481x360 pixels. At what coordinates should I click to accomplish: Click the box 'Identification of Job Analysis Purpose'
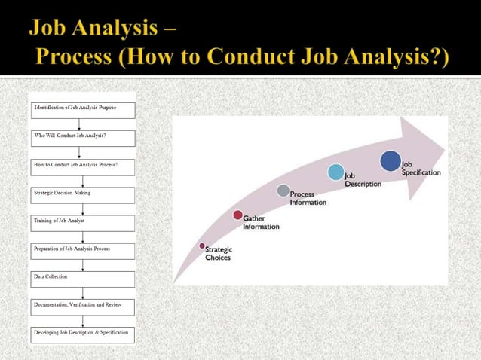coord(83,110)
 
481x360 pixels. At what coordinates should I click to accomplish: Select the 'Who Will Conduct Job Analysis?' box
coord(83,138)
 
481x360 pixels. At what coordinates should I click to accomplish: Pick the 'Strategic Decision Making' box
coord(83,195)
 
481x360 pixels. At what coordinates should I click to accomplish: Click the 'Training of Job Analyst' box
coord(83,223)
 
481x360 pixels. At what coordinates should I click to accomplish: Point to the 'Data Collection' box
coord(83,279)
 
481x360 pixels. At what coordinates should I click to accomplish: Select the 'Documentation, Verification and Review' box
coord(83,307)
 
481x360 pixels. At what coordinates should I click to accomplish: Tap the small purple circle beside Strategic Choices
coord(202,246)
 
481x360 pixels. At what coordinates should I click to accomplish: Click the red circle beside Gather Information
coord(238,215)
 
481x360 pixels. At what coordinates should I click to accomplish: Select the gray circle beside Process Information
coord(283,191)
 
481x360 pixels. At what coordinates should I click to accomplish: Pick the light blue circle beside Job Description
coord(336,172)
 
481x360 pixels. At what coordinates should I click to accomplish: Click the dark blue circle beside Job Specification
coord(391,161)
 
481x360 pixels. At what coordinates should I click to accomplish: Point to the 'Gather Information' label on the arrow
coord(261,223)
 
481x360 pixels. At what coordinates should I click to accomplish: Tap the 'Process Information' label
coord(308,198)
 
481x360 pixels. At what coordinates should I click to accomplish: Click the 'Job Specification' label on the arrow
coord(421,168)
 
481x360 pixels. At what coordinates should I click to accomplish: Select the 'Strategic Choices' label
coord(219,254)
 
